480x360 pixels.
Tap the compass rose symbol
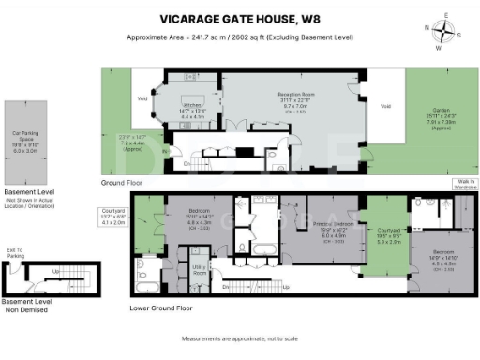[x=444, y=32]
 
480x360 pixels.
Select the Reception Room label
[x=295, y=96]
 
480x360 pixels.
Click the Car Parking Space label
[x=23, y=134]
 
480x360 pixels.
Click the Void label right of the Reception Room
[x=385, y=106]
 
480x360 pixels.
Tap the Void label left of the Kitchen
[x=142, y=97]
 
